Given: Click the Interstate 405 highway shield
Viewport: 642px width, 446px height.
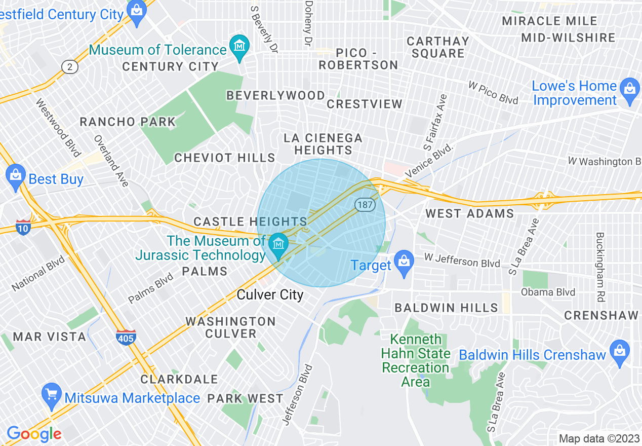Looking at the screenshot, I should (x=126, y=337).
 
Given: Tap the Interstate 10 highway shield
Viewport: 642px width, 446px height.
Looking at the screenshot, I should (x=23, y=226).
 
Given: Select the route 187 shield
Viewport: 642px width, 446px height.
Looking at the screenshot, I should (x=364, y=205).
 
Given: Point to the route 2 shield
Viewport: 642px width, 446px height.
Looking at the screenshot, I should (x=69, y=66).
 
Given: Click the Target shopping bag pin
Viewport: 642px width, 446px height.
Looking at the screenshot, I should (x=404, y=263).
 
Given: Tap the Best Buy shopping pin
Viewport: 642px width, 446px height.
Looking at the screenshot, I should (x=16, y=176).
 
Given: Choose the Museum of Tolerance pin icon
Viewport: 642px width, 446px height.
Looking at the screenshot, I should (x=239, y=47).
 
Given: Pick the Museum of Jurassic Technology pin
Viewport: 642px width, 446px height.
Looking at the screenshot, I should (x=278, y=245).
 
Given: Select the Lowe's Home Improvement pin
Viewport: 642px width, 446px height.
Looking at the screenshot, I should (x=629, y=90).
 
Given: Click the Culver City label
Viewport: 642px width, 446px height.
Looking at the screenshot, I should (x=270, y=295).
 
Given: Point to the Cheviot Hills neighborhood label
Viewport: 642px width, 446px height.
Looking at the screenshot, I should (x=225, y=158).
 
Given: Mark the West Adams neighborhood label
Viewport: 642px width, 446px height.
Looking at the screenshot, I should (x=469, y=213).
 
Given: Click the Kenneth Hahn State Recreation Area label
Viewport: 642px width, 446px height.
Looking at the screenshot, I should (x=416, y=360).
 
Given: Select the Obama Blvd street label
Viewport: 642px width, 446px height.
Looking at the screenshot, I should (x=548, y=292).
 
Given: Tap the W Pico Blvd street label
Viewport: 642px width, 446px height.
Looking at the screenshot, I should (x=493, y=93).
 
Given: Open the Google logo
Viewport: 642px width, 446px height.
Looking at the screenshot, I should (x=34, y=434).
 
